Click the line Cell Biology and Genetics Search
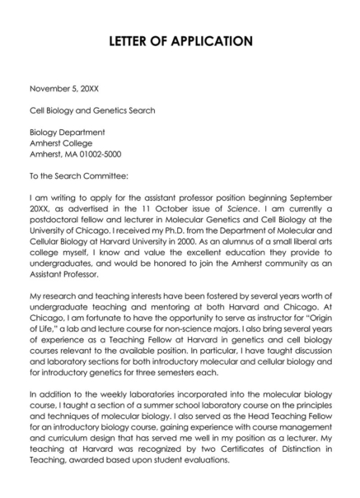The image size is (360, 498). pyautogui.click(x=92, y=109)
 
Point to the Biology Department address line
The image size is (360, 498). pyautogui.click(x=68, y=132)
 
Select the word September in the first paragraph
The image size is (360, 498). pyautogui.click(x=312, y=198)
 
